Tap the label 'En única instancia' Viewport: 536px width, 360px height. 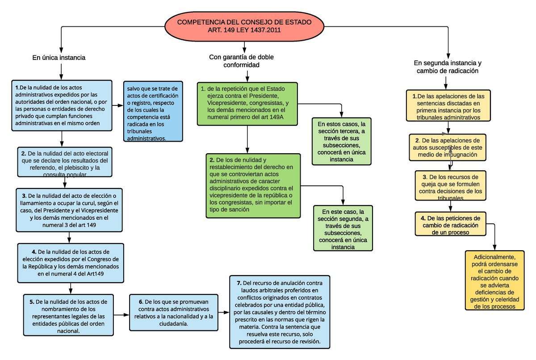click(59, 58)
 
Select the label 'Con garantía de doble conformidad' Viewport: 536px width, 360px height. click(241, 61)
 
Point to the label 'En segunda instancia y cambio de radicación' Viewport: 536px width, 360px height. click(447, 67)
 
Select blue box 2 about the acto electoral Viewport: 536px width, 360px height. click(65, 161)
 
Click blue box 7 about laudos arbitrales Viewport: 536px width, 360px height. click(280, 312)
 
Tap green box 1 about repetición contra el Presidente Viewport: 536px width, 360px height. click(247, 103)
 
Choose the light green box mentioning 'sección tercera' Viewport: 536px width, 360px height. click(342, 141)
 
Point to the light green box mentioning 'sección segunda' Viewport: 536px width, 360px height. click(343, 228)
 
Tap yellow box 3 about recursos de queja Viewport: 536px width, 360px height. click(450, 185)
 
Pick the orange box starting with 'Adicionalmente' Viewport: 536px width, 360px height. click(494, 280)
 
